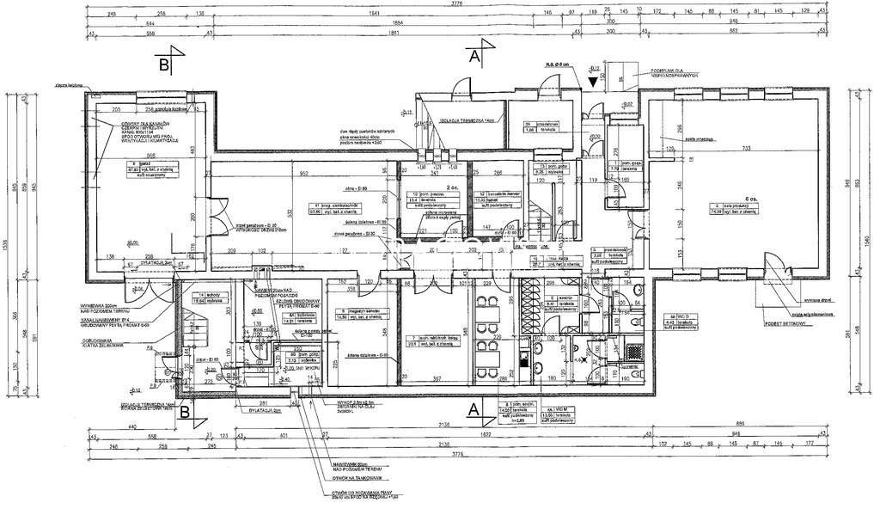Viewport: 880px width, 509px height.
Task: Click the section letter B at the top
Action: point(163,63)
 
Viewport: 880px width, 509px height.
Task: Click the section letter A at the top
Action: point(473,57)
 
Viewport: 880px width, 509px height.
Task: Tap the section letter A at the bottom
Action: point(473,410)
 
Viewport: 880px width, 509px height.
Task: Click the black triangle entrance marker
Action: point(593,82)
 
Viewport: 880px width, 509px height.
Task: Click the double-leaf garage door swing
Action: point(220,211)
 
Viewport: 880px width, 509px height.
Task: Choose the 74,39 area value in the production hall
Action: point(724,211)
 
